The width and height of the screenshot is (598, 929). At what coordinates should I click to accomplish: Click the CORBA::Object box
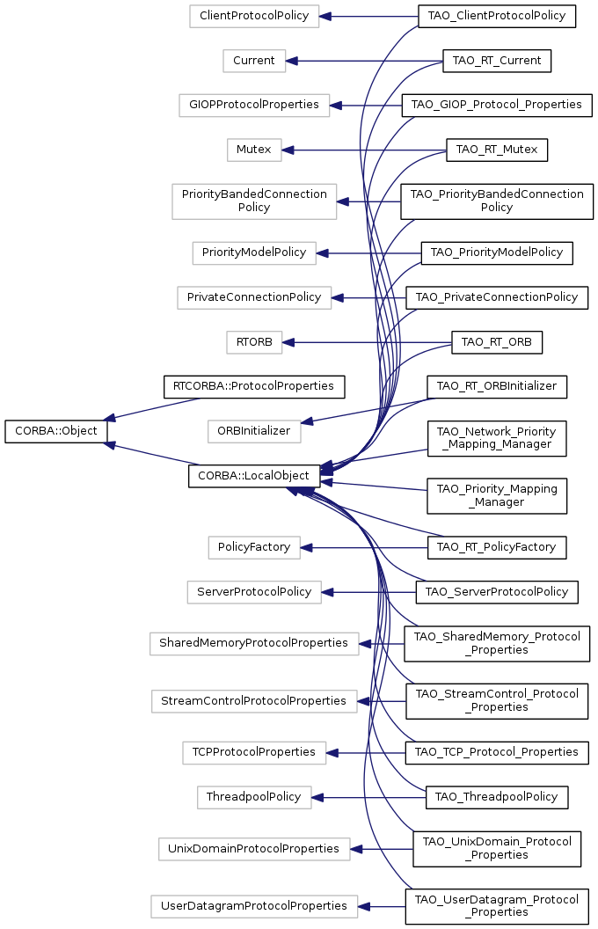point(56,431)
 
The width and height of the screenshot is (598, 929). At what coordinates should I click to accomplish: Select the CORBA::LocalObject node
point(254,476)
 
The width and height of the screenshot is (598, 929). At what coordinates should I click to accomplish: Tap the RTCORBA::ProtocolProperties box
point(254,386)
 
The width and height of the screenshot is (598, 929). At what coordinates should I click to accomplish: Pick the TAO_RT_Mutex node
point(497,150)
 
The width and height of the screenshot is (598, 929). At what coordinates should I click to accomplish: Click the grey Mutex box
point(254,150)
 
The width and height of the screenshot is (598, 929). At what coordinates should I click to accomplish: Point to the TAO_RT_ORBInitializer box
point(497,386)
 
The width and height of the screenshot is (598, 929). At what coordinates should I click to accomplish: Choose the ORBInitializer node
point(254,431)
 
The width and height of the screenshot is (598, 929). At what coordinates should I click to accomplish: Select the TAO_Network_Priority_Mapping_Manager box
point(497,438)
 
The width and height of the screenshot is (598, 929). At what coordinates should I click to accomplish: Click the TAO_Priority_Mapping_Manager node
point(497,496)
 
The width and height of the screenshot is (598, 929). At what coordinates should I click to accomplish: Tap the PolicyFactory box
point(254,547)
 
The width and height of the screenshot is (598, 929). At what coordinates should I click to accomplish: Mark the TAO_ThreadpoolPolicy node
point(497,797)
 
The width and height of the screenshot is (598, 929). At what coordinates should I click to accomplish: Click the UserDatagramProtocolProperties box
point(254,906)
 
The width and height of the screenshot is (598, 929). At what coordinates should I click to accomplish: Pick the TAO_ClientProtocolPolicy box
point(497,16)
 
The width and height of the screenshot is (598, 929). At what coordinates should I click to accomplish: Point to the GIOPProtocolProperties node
point(254,106)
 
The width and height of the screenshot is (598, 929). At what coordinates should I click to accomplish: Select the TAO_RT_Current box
point(497,61)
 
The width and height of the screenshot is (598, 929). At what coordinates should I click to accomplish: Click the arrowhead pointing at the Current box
point(291,61)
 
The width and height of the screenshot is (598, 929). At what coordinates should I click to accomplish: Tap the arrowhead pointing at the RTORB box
point(288,342)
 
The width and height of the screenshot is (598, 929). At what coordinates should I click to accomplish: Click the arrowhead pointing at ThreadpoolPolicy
point(317,797)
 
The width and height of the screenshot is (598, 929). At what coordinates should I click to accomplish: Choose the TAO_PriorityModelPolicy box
point(497,253)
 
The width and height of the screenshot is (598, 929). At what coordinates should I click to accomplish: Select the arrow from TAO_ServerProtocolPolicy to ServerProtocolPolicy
point(368,592)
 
